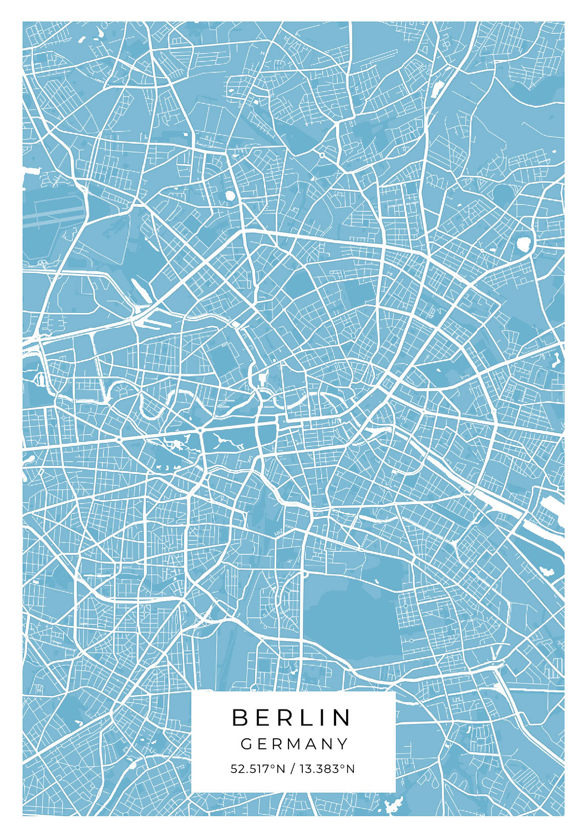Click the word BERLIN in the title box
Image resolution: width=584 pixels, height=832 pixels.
292,717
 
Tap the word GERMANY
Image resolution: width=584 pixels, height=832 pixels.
294,744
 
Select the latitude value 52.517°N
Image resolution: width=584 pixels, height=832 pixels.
257,769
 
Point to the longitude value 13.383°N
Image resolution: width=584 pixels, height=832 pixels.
327,769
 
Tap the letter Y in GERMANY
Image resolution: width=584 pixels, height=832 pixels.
342,744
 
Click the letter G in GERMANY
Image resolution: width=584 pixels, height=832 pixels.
246,744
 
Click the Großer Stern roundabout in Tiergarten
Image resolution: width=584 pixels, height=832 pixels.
200,430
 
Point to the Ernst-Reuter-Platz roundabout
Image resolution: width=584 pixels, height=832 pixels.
119,439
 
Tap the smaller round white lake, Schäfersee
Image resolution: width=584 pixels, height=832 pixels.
230,195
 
